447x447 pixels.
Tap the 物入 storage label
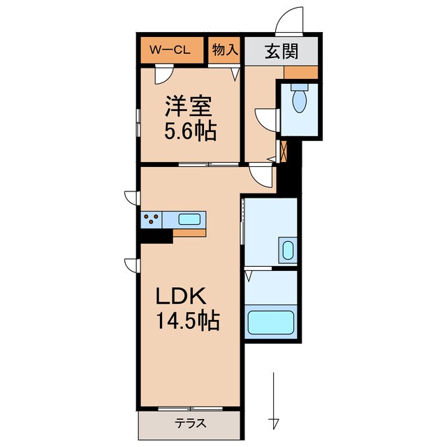(223, 50)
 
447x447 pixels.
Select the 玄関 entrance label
(282, 51)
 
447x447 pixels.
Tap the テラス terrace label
(189, 422)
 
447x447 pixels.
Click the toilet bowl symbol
(300, 100)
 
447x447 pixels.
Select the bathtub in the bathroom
(271, 323)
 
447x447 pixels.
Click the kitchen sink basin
(190, 219)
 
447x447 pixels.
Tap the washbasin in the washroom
(286, 249)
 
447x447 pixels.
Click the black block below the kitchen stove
(155, 237)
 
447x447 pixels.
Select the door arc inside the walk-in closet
(163, 74)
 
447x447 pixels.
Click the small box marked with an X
(284, 151)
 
